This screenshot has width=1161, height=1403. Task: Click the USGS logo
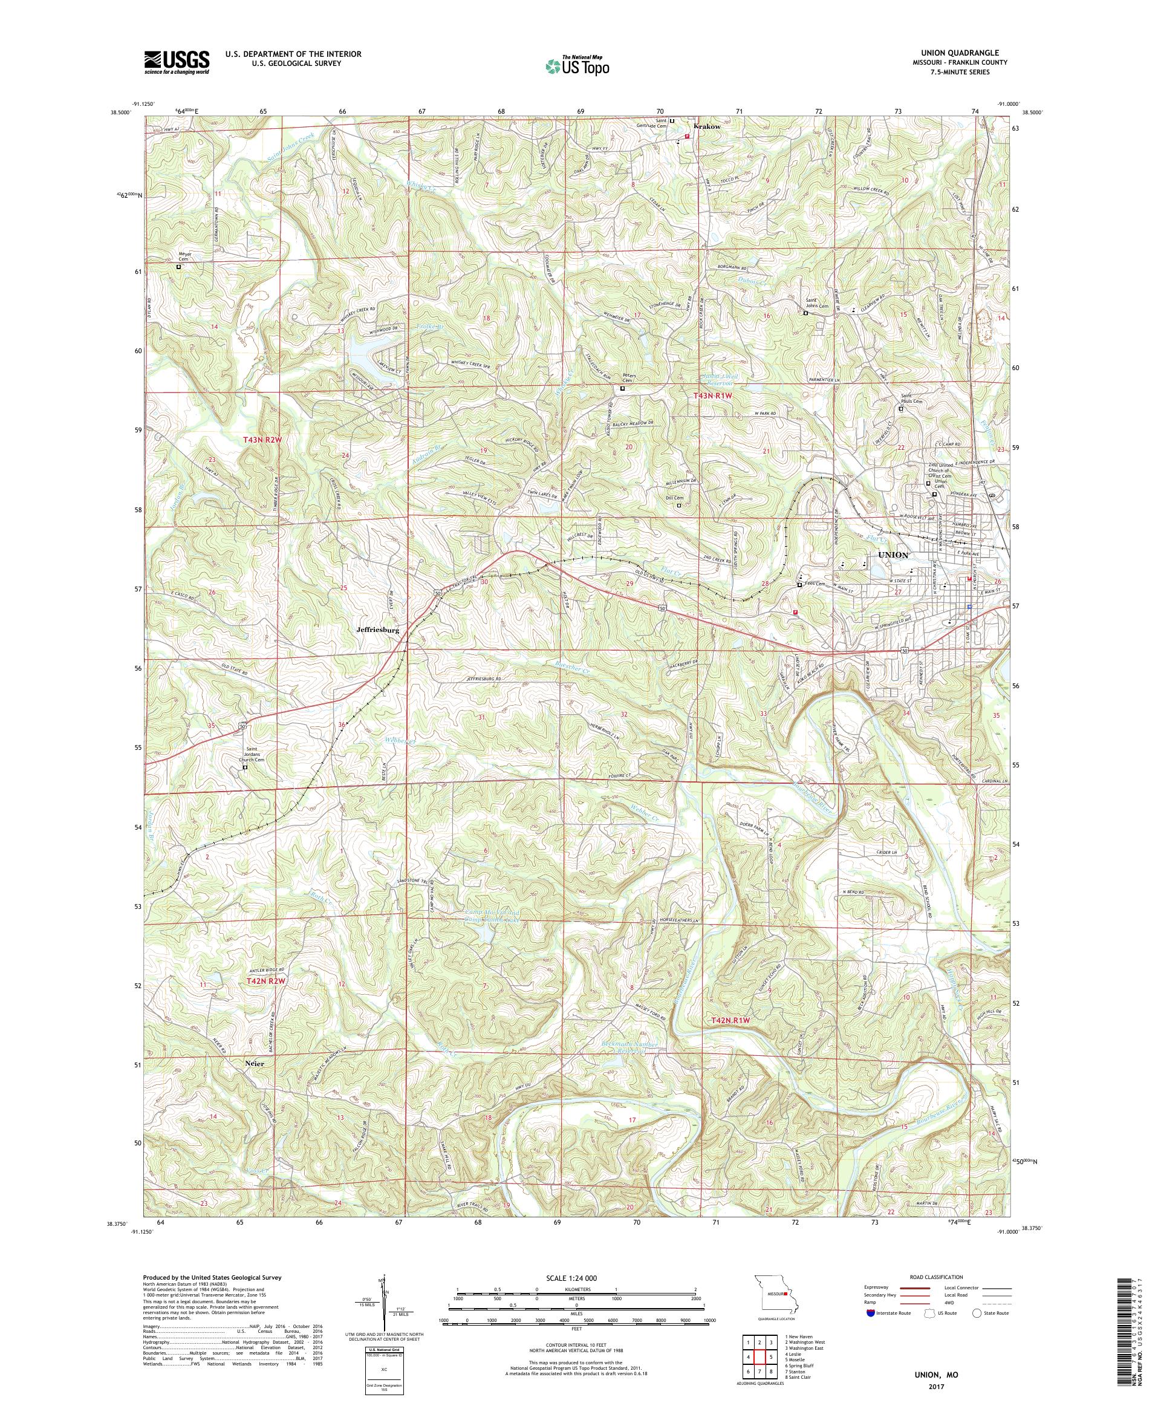177,63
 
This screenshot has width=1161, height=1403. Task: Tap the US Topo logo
578,65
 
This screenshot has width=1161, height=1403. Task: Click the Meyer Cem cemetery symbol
178,267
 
